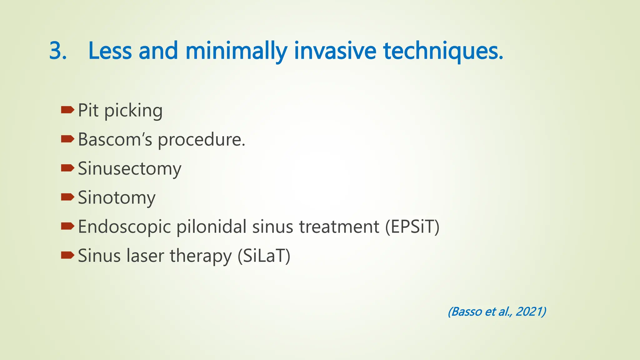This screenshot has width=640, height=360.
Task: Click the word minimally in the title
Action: (x=236, y=51)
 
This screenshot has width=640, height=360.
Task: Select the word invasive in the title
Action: (x=335, y=51)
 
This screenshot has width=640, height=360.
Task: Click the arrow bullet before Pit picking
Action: (x=67, y=110)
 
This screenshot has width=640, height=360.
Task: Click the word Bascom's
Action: (x=115, y=139)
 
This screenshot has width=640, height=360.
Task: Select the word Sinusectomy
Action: (x=129, y=169)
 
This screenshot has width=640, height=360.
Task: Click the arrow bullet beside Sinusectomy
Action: (x=67, y=168)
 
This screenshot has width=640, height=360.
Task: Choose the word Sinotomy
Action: (x=117, y=198)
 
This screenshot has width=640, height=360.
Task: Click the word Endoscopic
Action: (x=124, y=227)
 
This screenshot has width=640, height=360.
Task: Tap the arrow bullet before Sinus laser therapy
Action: (x=67, y=255)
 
